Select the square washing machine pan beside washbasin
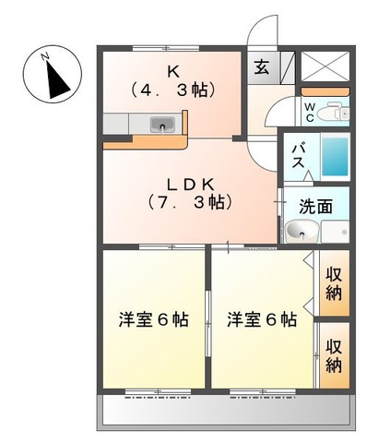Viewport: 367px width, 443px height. coord(336,232)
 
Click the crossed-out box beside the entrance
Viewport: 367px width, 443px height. coord(326,65)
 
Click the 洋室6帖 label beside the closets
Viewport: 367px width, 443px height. coord(262,320)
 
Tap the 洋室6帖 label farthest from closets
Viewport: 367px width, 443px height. coord(153,320)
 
